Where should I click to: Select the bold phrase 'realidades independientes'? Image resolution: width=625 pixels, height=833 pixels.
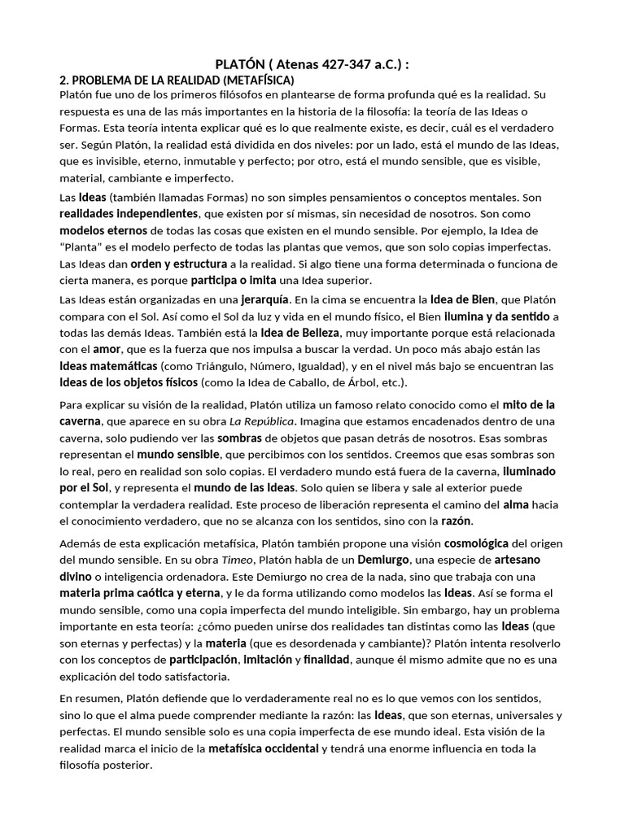(129, 213)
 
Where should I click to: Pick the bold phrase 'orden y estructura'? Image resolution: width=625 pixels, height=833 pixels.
(179, 264)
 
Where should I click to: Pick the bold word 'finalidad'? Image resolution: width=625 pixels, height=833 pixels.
(326, 659)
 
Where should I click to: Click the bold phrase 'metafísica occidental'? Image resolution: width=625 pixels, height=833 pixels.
(263, 748)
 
